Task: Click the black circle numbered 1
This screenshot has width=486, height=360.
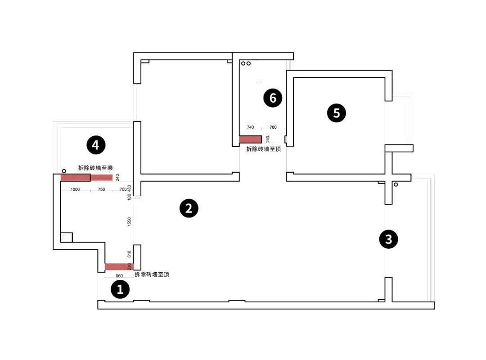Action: [x=120, y=289]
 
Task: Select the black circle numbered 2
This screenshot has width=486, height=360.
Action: [x=189, y=208]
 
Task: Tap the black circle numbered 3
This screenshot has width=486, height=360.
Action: [x=388, y=239]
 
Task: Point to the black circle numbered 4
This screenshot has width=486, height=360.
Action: [x=95, y=145]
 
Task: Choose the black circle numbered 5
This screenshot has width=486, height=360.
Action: [x=337, y=113]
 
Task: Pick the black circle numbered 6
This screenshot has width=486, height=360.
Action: [x=273, y=97]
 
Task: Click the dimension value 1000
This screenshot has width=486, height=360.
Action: [x=75, y=189]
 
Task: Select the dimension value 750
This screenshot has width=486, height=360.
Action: [x=101, y=189]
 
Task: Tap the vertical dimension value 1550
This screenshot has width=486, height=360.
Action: [x=129, y=221]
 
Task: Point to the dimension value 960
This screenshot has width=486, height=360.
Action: [x=119, y=276]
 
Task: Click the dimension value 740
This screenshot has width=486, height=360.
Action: [x=251, y=127]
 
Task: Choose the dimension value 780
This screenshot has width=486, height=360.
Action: [x=273, y=127]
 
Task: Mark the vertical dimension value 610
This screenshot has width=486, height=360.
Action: [x=129, y=254]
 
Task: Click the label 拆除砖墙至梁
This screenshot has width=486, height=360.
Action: [x=95, y=168]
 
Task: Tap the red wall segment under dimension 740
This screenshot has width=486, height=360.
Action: [x=250, y=139]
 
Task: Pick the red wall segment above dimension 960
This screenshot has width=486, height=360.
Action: [x=119, y=267]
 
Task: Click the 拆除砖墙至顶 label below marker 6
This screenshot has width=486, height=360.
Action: [x=264, y=149]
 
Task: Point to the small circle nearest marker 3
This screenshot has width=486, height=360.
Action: [x=396, y=184]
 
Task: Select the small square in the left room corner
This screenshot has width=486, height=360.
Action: [x=66, y=237]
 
